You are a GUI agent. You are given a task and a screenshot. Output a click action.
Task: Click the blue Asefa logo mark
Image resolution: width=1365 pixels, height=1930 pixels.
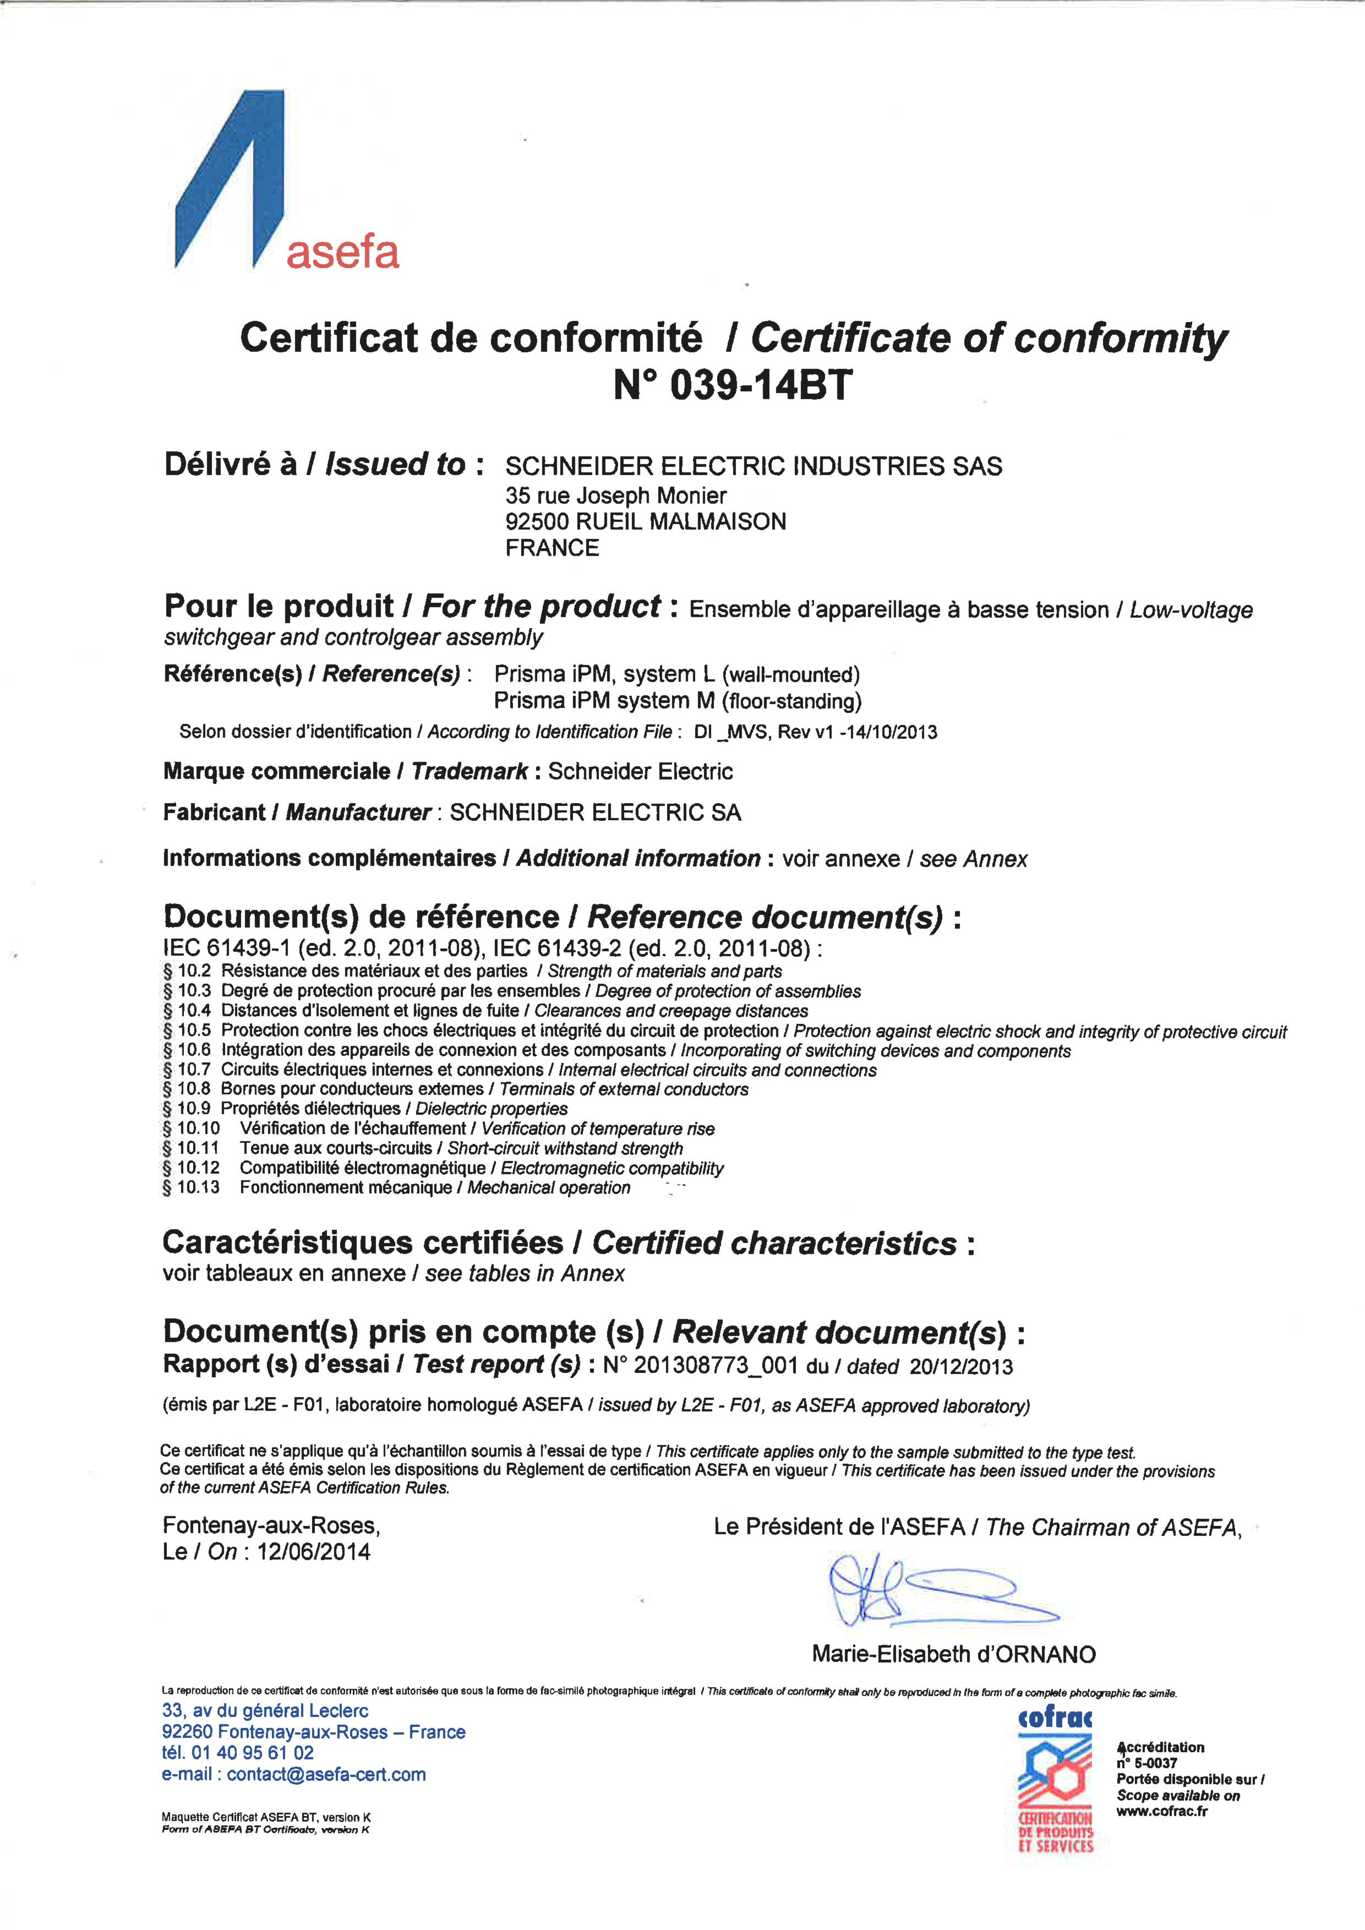pos(227,181)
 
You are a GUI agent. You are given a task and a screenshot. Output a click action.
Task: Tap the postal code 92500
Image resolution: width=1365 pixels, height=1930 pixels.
pos(537,521)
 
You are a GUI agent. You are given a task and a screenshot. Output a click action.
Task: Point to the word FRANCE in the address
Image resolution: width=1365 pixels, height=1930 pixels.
pos(552,548)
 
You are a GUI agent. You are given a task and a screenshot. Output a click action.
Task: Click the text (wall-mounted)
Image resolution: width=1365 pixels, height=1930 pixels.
pos(792,674)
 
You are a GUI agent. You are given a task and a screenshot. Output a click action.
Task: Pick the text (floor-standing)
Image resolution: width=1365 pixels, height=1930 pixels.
pos(792,701)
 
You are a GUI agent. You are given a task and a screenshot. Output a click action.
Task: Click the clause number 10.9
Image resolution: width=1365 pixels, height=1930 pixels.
pos(194,1109)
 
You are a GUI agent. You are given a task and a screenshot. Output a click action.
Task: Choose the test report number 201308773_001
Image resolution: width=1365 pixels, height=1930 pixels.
pos(716,1366)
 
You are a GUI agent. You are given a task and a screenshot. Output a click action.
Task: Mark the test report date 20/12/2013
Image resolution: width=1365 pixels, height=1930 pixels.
pos(960,1366)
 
